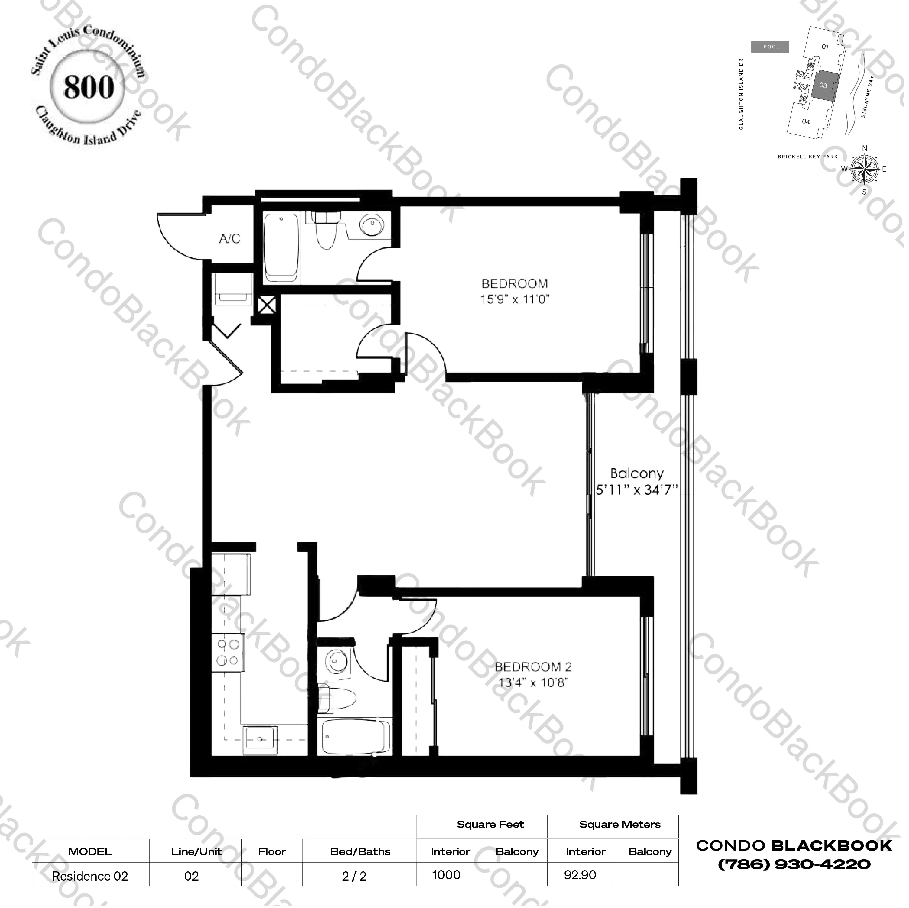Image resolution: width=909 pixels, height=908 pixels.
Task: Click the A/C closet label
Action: (230, 239)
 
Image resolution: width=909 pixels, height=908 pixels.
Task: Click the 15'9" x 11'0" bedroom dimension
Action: (515, 299)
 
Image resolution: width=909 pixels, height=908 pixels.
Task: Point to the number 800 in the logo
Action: (89, 88)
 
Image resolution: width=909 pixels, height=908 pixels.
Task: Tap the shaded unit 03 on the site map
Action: (823, 86)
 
